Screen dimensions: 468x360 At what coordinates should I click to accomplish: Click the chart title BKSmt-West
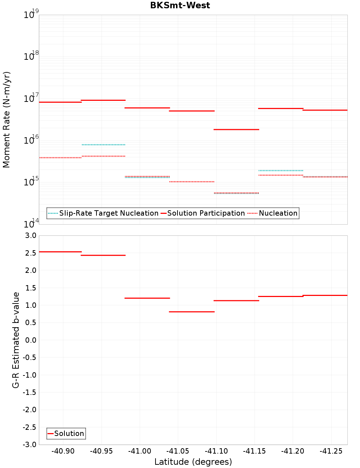click(x=180, y=5)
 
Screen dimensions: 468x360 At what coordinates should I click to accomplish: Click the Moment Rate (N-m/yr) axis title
click(x=6, y=120)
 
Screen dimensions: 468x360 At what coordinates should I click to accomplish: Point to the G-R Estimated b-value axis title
click(x=16, y=340)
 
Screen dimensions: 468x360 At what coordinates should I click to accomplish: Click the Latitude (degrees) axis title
click(x=193, y=462)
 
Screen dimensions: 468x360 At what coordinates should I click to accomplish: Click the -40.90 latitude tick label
click(x=63, y=451)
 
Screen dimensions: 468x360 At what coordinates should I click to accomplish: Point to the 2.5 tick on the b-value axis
click(x=31, y=253)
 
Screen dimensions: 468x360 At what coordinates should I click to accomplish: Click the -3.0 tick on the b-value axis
click(x=30, y=445)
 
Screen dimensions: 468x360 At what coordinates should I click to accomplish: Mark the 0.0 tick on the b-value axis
click(x=31, y=340)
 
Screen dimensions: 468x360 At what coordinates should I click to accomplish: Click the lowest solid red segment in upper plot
click(x=236, y=129)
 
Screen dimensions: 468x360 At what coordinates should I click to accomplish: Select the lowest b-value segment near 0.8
click(x=192, y=312)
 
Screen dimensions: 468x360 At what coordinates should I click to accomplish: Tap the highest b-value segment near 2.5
click(x=60, y=252)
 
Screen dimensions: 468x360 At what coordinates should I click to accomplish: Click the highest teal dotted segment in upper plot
click(x=103, y=145)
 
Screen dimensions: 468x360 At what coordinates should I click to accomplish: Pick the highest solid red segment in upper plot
click(x=103, y=100)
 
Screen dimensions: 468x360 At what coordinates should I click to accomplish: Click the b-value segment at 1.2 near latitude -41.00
click(x=147, y=298)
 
